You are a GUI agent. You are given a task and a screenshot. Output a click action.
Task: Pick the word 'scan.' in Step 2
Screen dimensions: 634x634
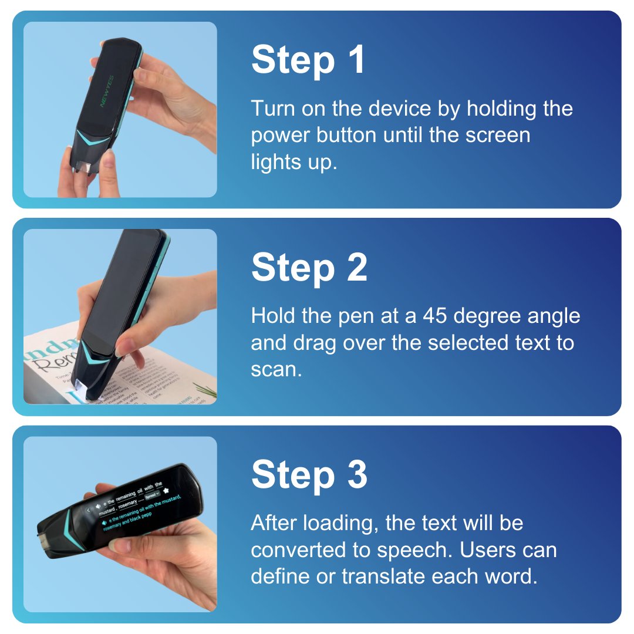(x=276, y=370)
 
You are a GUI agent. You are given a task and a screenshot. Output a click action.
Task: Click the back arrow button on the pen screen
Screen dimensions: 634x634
(x=89, y=510)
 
